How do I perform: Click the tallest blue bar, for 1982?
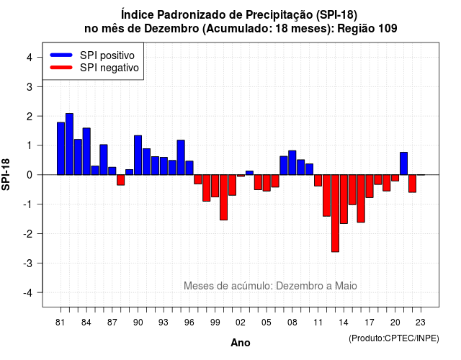(69, 144)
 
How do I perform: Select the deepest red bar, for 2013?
(335, 213)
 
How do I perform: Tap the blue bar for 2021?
(403, 163)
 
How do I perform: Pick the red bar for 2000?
(224, 197)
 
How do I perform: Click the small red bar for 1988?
(121, 180)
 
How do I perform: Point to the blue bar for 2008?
(292, 163)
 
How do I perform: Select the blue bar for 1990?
(138, 156)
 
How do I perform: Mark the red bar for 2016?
(361, 199)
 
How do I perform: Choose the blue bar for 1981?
(61, 148)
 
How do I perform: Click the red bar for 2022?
(413, 184)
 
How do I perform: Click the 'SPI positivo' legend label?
(107, 55)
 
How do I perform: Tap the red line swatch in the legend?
(61, 68)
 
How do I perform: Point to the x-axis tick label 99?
(215, 323)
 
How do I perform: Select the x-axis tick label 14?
(344, 323)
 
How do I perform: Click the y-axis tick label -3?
(28, 264)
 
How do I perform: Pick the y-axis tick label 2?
(30, 117)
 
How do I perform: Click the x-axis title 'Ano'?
(241, 343)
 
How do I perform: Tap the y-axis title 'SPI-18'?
(6, 174)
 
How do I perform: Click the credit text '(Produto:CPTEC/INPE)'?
(394, 338)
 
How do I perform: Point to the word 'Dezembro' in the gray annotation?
(296, 286)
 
